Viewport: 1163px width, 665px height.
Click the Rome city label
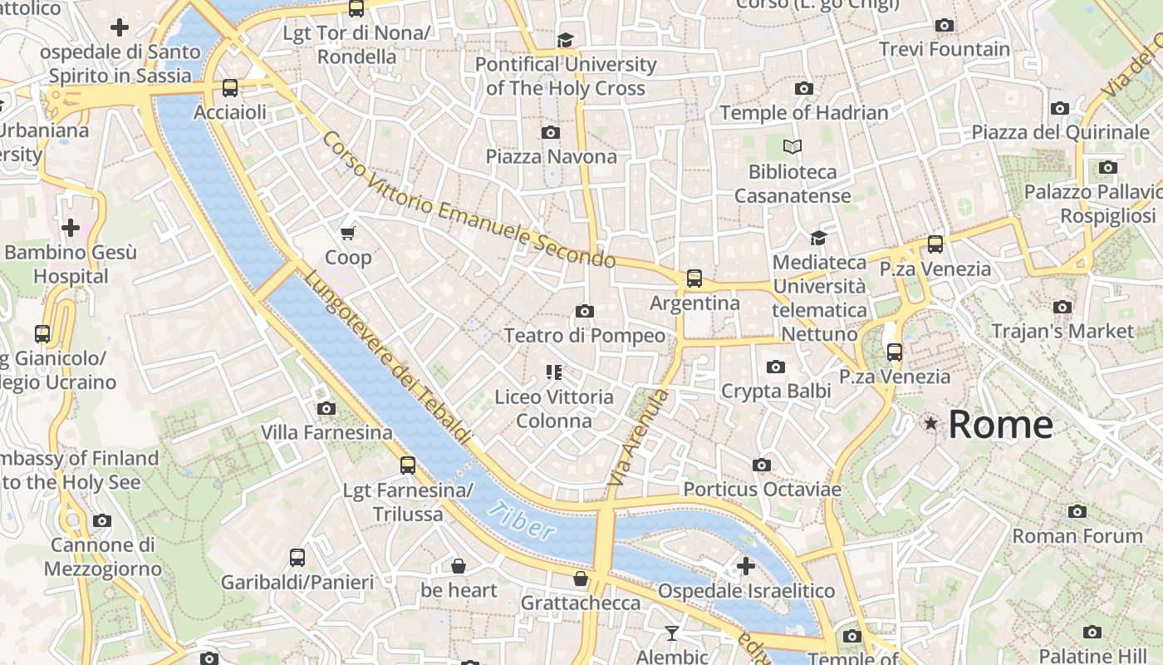[x=1000, y=425]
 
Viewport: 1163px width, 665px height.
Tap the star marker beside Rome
[x=931, y=424]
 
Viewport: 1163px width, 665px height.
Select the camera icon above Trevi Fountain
[x=944, y=25]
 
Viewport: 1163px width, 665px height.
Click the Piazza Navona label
[x=551, y=156]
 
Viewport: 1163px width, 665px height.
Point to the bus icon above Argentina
[x=694, y=278]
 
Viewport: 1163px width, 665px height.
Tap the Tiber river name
[x=521, y=520]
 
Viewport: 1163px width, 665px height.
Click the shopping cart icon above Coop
[x=348, y=233]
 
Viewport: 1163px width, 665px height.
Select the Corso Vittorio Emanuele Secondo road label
[x=469, y=200]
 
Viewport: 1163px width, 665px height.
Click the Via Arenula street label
[x=638, y=438]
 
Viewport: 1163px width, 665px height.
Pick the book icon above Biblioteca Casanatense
[x=793, y=147]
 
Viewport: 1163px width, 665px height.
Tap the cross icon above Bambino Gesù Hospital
[x=71, y=227]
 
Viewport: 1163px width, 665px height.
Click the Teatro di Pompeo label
[x=585, y=336]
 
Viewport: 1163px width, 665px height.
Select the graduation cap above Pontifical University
[x=565, y=40]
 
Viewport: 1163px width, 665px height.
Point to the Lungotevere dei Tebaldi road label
[x=387, y=357]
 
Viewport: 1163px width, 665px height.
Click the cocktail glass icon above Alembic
[x=672, y=633]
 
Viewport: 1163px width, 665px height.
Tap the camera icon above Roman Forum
[x=1077, y=511]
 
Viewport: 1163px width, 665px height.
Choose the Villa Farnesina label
[x=326, y=432]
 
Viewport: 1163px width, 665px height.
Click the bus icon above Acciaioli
[x=230, y=87]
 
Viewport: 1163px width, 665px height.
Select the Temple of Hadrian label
[x=803, y=112]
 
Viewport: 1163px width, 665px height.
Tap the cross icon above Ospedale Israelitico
[x=745, y=566]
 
